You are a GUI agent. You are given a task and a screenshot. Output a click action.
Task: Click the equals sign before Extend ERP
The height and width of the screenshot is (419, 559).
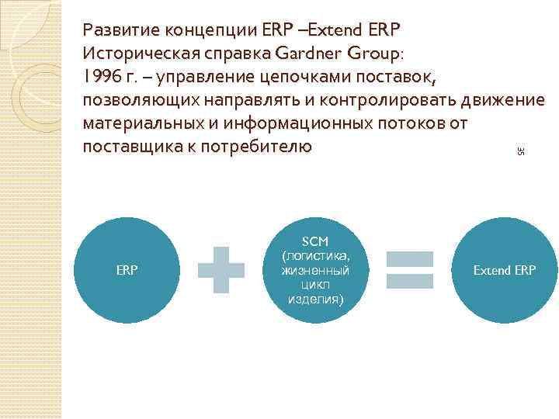point(409,270)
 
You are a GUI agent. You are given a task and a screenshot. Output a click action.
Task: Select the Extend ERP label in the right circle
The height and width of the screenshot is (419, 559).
point(505,271)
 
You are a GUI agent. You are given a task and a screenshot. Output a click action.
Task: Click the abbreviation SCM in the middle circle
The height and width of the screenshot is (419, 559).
point(316,241)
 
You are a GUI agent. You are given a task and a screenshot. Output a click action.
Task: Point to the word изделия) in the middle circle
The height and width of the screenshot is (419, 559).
point(316,300)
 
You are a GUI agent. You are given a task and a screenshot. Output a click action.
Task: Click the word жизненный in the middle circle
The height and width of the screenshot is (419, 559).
point(316,270)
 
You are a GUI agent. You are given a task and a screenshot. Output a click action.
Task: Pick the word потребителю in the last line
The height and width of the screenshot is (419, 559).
point(255,146)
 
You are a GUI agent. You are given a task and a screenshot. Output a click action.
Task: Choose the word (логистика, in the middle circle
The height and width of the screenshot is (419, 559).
point(316,255)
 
